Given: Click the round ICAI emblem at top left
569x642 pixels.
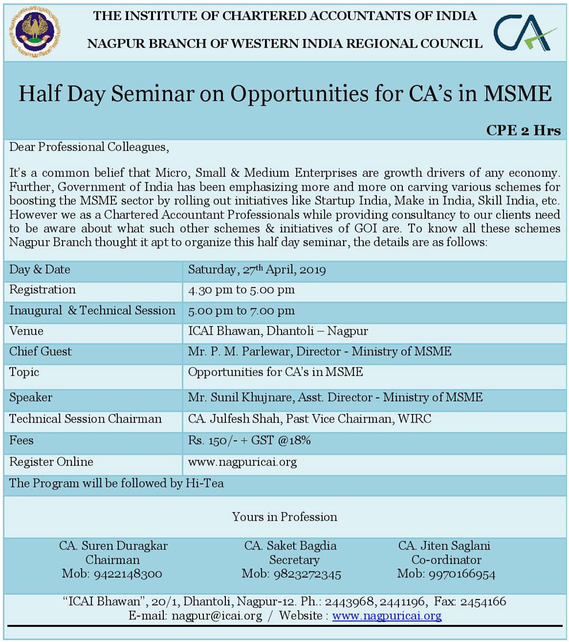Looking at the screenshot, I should click(34, 31).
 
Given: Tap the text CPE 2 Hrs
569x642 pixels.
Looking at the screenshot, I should click(523, 130).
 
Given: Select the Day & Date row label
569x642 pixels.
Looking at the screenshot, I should click(40, 269).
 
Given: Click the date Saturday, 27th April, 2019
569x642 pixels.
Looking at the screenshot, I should click(257, 269).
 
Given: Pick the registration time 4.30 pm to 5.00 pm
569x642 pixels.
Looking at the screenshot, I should click(241, 290).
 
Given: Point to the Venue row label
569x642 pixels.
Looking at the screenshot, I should click(26, 331).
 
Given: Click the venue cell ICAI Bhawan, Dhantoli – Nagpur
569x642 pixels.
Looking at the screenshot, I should click(278, 331).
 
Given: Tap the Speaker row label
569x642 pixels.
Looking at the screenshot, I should click(31, 397).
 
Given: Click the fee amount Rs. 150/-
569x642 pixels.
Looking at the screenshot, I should click(209, 441).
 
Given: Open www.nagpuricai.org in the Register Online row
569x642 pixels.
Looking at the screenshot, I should click(243, 462).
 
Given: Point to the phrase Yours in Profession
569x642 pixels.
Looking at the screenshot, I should click(284, 517).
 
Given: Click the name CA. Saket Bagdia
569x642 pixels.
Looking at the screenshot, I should click(290, 546).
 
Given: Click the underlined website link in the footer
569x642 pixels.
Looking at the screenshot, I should click(387, 616).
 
